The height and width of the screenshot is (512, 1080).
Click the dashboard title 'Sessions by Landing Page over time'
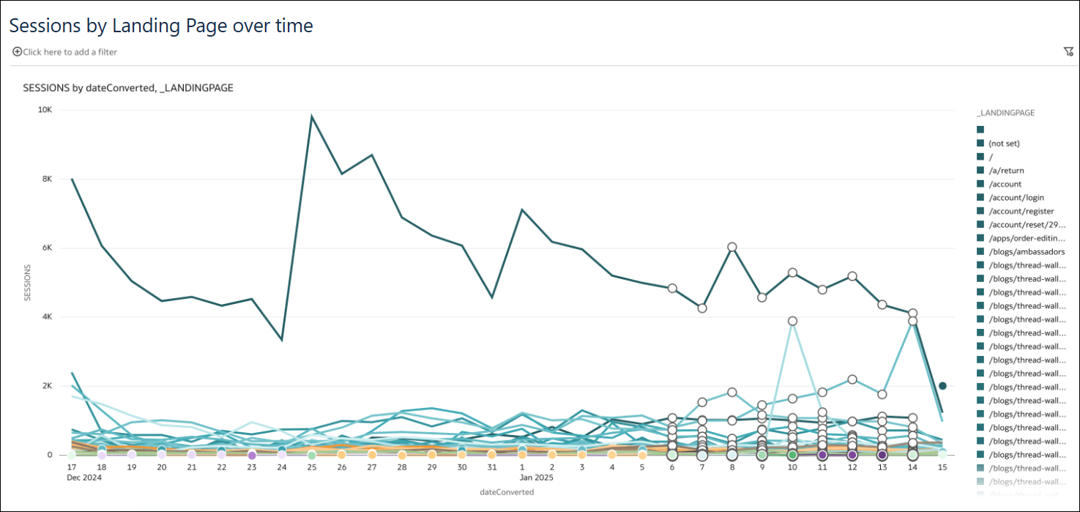(x=161, y=26)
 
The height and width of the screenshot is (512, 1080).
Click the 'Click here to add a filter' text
(x=70, y=52)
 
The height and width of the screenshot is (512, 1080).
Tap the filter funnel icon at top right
(x=1068, y=52)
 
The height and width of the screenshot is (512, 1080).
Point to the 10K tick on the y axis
(x=45, y=110)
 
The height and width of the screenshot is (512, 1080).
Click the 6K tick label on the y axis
(x=46, y=248)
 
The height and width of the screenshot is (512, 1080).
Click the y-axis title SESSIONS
(x=28, y=283)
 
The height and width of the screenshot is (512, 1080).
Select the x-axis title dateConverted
(x=506, y=492)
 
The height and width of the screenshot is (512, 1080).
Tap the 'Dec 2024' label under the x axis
(x=83, y=478)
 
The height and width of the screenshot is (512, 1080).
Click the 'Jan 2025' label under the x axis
(x=536, y=478)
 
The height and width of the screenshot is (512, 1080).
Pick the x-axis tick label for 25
(x=312, y=467)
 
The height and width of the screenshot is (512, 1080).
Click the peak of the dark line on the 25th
(x=312, y=116)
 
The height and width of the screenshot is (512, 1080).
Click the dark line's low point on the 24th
(x=282, y=340)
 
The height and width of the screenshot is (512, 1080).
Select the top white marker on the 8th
(x=731, y=247)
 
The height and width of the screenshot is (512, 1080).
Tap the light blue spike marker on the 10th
(x=792, y=321)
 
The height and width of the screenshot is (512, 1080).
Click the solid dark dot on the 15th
(x=942, y=386)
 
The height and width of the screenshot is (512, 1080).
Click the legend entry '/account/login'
(x=1016, y=198)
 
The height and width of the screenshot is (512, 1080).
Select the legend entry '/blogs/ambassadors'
(x=1024, y=252)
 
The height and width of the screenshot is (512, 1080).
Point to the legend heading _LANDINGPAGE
(x=1005, y=114)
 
